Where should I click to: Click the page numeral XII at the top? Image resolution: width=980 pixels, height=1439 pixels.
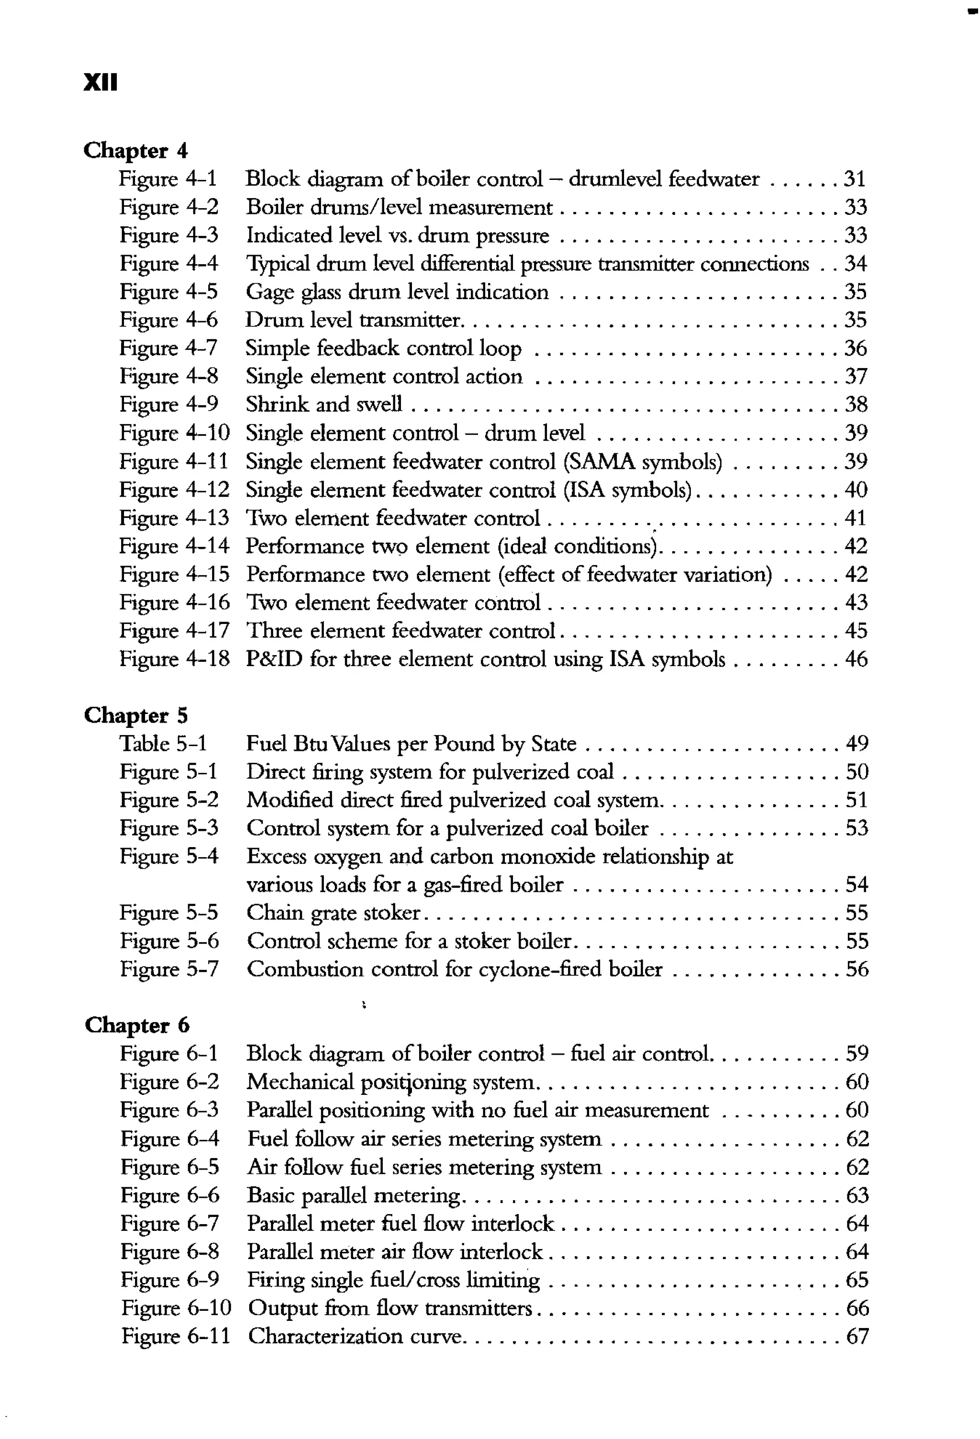(100, 82)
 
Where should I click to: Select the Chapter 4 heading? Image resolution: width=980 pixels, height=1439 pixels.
(135, 150)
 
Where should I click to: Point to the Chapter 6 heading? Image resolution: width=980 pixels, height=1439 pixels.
(137, 1026)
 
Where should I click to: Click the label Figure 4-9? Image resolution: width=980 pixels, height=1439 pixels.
(168, 404)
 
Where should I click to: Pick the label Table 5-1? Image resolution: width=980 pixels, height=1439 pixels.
(163, 744)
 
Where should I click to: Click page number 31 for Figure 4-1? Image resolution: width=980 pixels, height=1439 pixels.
(854, 179)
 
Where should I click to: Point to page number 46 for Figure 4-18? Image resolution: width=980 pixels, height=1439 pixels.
(856, 659)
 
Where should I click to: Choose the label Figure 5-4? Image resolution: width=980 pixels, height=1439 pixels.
(169, 856)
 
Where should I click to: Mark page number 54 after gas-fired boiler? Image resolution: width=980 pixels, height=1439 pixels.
(857, 885)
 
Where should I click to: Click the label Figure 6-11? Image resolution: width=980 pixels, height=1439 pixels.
(175, 1336)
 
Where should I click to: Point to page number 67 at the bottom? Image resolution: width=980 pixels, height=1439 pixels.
(857, 1336)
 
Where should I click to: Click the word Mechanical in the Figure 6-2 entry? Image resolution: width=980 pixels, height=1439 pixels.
(300, 1082)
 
